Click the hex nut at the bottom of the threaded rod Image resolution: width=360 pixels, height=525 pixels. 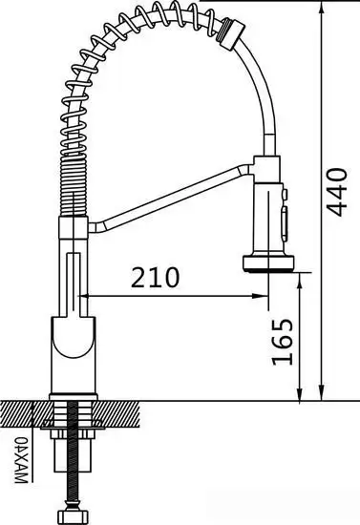pos(71,517)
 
